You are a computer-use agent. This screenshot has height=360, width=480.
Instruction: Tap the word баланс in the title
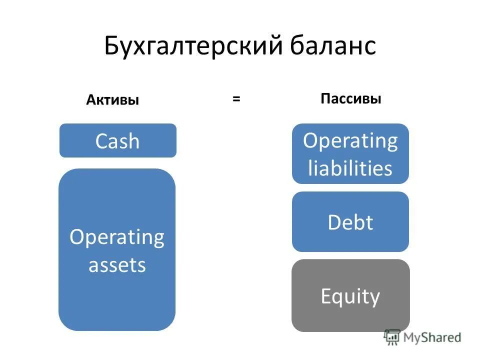[x=332, y=46]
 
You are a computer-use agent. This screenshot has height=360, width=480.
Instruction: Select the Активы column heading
[x=112, y=100]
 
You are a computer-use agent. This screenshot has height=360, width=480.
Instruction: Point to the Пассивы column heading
[x=351, y=99]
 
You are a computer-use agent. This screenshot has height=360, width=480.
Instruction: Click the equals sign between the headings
[x=236, y=99]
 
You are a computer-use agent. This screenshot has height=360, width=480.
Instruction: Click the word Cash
[x=117, y=141]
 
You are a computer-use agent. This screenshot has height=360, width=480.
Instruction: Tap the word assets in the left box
[x=117, y=264]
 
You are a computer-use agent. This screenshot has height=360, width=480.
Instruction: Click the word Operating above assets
[x=117, y=237]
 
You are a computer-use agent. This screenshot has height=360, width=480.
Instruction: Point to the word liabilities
[x=350, y=168]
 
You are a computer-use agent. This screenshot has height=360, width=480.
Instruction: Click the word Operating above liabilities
[x=350, y=141]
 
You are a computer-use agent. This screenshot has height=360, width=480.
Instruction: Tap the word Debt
[x=350, y=222]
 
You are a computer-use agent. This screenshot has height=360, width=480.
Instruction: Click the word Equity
[x=350, y=296]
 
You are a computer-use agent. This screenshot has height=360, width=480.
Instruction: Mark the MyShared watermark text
[x=433, y=337]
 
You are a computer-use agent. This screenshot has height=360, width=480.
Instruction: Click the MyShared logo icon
[x=392, y=337]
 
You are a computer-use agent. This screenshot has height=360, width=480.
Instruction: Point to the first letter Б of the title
[x=111, y=46]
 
